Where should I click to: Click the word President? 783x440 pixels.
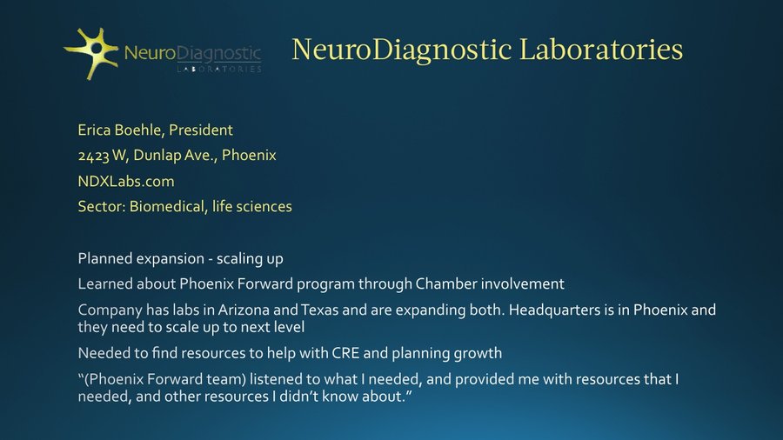tap(201, 130)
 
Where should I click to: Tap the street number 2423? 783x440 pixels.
tap(94, 156)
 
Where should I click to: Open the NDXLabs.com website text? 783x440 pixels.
tap(126, 181)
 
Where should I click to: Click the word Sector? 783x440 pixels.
tap(99, 207)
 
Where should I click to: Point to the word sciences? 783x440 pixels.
tap(264, 207)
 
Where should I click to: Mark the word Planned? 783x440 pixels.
tap(104, 259)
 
